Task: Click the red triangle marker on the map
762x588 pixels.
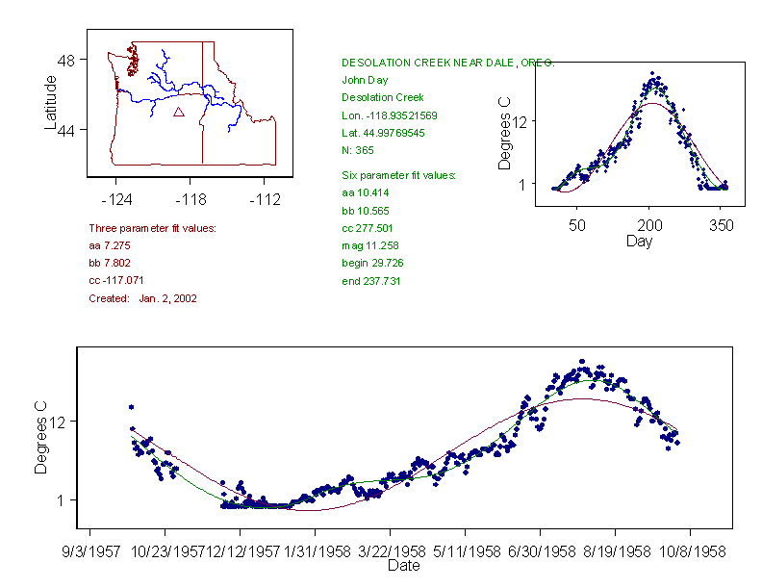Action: coord(178,113)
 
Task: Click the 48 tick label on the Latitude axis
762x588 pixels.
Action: coord(66,60)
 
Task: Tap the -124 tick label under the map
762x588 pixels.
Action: coord(115,200)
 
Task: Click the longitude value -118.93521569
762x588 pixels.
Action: coord(390,115)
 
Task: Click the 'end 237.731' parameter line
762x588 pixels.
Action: coord(371,281)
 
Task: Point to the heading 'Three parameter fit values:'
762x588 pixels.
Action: coord(152,228)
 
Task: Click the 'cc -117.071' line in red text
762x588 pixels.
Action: coord(116,281)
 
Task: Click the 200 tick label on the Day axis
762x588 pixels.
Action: coord(649,225)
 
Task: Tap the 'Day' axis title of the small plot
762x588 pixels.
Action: coord(639,241)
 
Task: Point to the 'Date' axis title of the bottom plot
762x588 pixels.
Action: coord(403,566)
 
